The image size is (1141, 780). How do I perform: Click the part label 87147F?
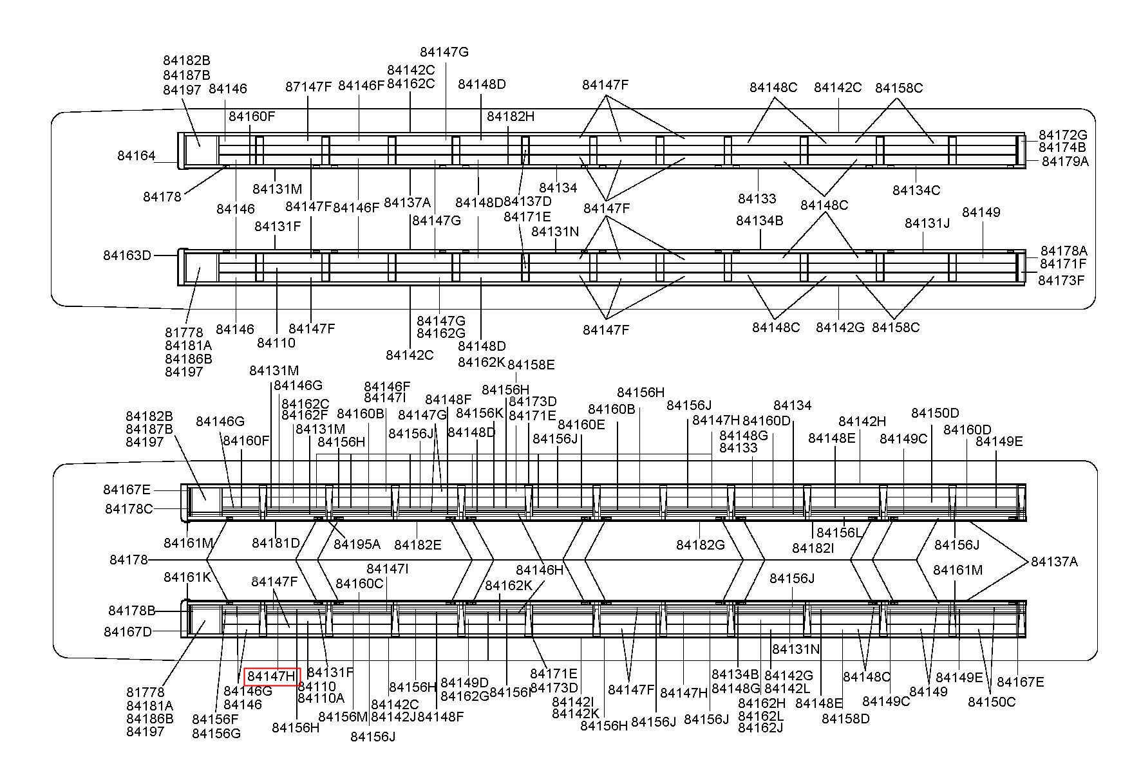308,87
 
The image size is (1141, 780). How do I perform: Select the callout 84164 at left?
137,156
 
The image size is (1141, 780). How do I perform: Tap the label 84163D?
127,255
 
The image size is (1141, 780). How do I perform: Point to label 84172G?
1062,135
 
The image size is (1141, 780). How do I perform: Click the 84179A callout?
1065,161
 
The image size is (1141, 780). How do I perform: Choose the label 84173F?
1061,281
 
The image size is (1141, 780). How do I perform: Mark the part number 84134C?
916,190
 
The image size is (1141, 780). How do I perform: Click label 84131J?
927,223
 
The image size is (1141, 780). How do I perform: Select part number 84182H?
511,116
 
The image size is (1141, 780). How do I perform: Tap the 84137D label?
527,202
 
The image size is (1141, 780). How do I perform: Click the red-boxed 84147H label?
272,676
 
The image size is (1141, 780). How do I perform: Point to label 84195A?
357,544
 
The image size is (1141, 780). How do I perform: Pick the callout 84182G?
701,545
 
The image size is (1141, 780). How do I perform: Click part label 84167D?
127,632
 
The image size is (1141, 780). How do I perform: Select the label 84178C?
129,509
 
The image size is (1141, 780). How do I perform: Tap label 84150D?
935,413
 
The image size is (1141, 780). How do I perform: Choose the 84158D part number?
845,718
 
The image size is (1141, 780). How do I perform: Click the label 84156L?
839,533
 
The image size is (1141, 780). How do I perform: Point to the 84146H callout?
540,570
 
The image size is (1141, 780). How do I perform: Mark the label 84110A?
321,698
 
